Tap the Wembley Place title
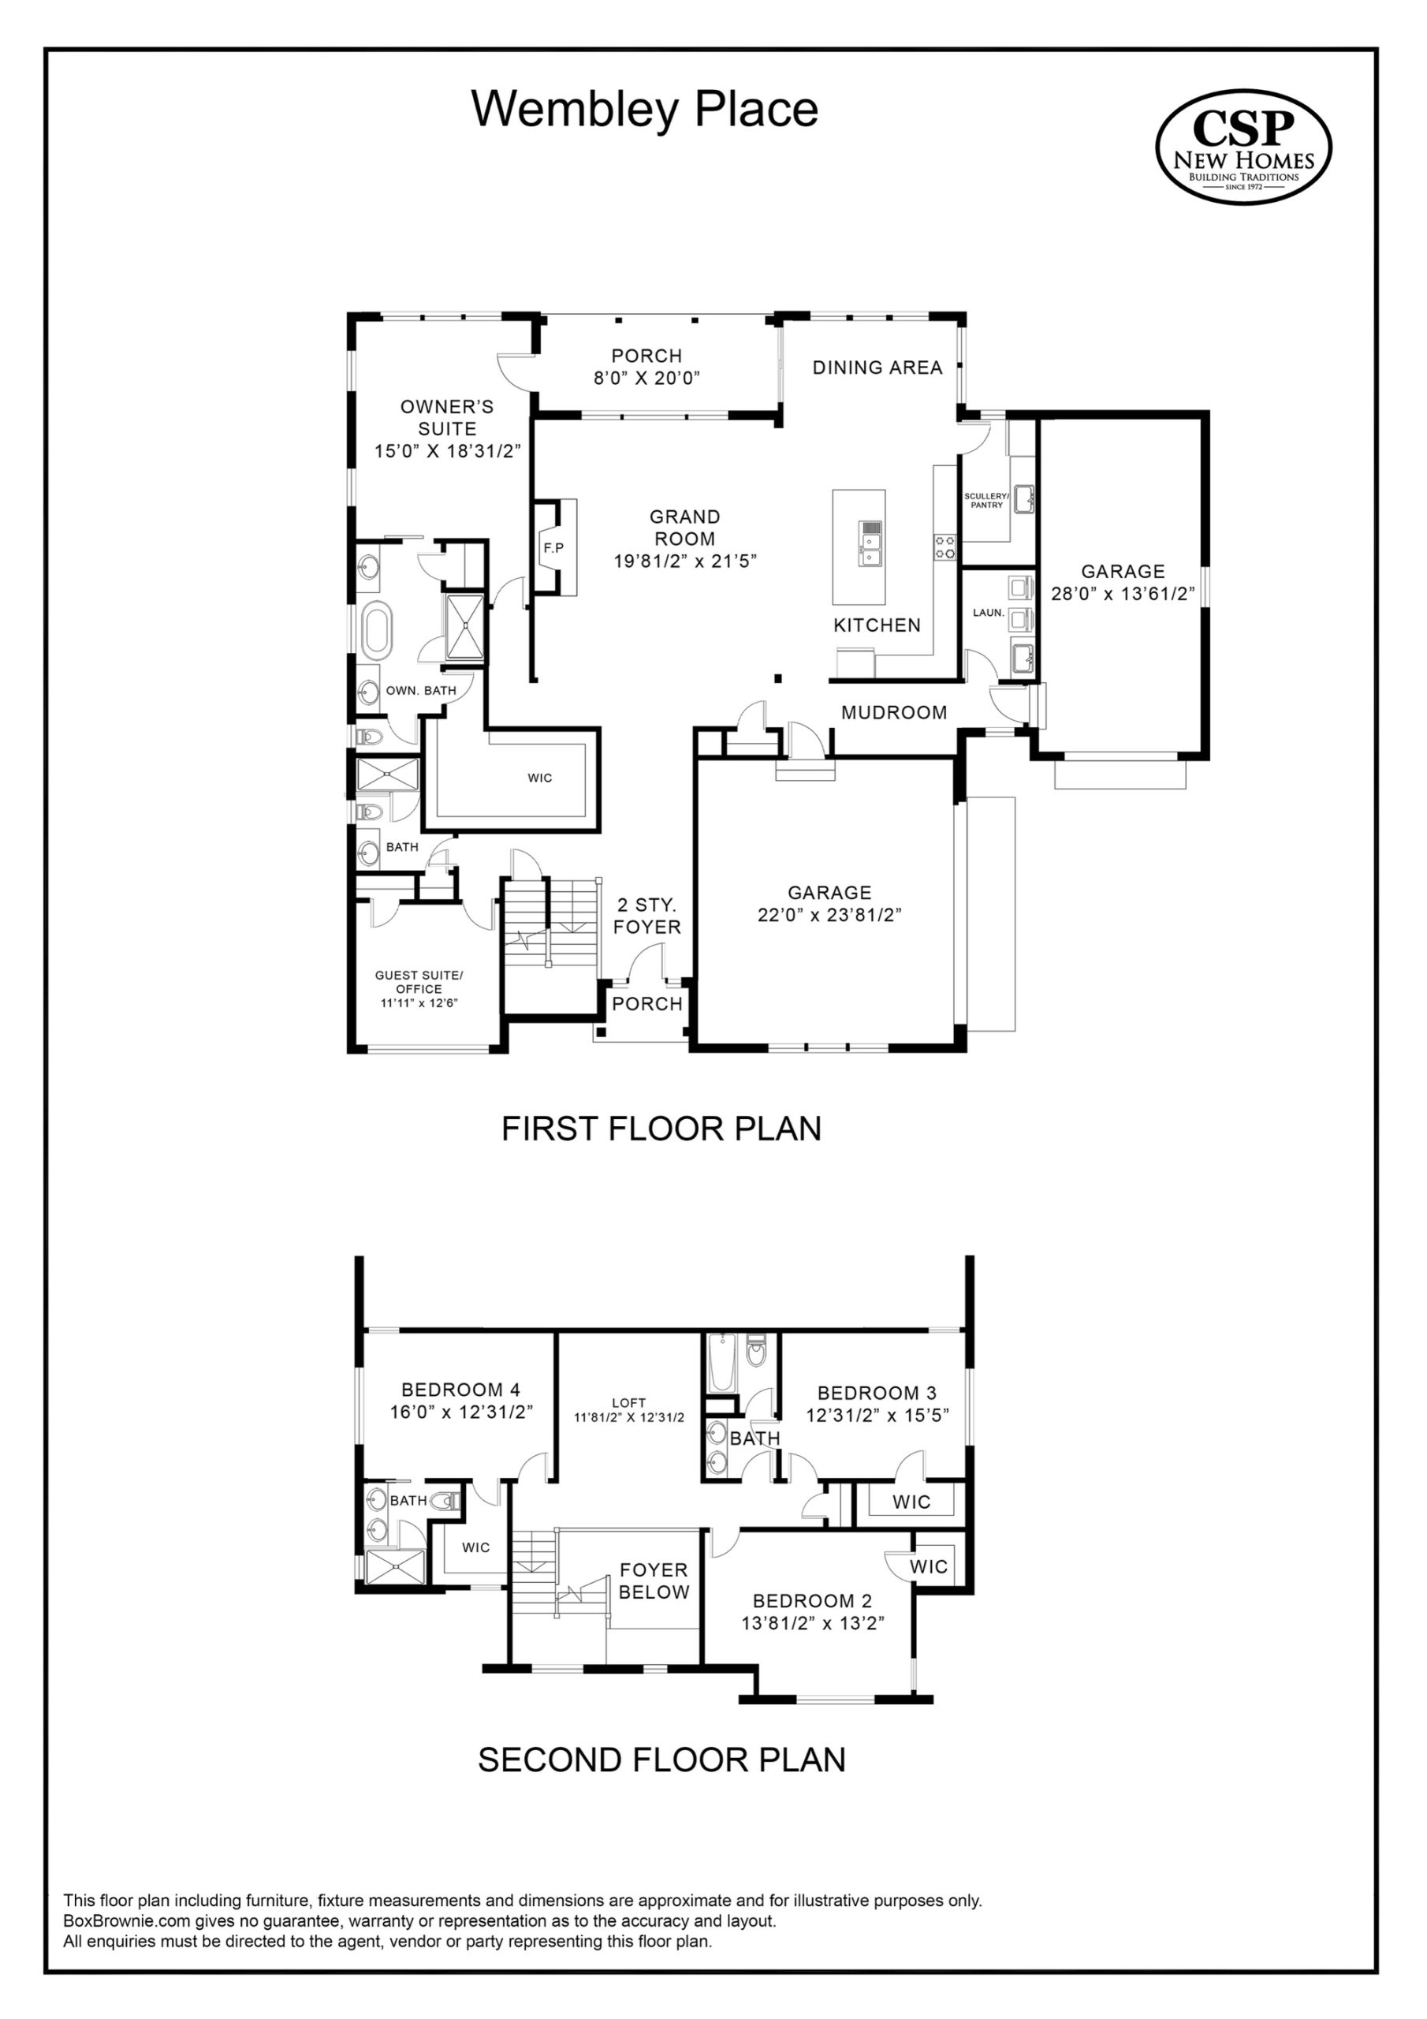(646, 109)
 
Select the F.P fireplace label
(554, 548)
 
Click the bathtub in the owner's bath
(375, 630)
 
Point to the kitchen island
(859, 547)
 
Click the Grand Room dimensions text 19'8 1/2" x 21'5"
(686, 561)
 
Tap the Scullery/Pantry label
(986, 500)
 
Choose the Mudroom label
(894, 712)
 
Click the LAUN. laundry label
(989, 612)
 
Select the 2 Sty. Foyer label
(647, 916)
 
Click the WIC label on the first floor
(540, 778)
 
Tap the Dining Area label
(877, 368)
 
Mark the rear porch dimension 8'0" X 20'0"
(646, 378)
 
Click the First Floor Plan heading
(661, 1129)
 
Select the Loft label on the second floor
(628, 1402)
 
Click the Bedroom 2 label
(812, 1600)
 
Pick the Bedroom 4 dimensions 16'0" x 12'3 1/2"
(461, 1412)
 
